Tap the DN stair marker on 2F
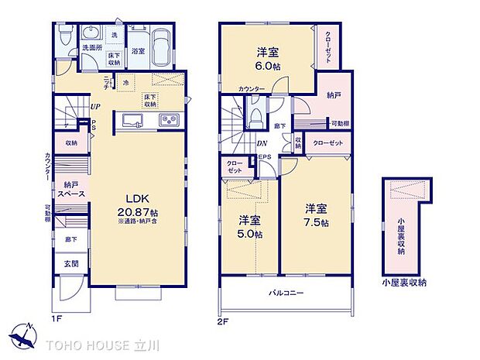tap(262, 144)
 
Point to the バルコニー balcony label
tap(286, 293)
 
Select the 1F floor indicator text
tap(56, 317)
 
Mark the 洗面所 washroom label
tap(92, 47)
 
